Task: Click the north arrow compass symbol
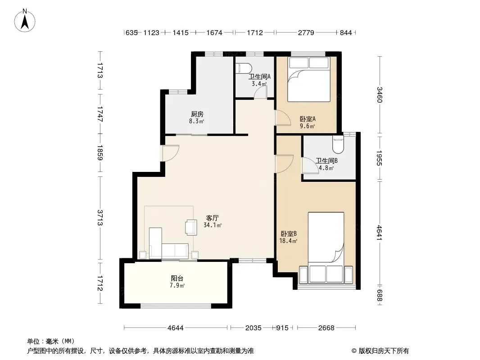pyautogui.click(x=25, y=20)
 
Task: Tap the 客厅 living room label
pyautogui.click(x=212, y=218)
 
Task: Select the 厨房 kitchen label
pyautogui.click(x=197, y=114)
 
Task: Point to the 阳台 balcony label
pyautogui.click(x=177, y=279)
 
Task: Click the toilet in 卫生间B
pyautogui.click(x=338, y=144)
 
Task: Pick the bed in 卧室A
pyautogui.click(x=309, y=79)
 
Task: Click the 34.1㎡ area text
pyautogui.click(x=213, y=225)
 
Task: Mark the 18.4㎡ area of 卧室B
pyautogui.click(x=288, y=241)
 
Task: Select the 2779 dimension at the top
pyautogui.click(x=306, y=32)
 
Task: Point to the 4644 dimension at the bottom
pyautogui.click(x=176, y=328)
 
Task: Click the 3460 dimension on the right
pyautogui.click(x=379, y=95)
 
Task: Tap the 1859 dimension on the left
pyautogui.click(x=100, y=153)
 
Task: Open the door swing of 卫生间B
pyautogui.click(x=310, y=166)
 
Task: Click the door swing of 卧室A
pyautogui.click(x=283, y=118)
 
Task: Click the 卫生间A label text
pyautogui.click(x=259, y=77)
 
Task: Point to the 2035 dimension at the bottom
pyautogui.click(x=254, y=328)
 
